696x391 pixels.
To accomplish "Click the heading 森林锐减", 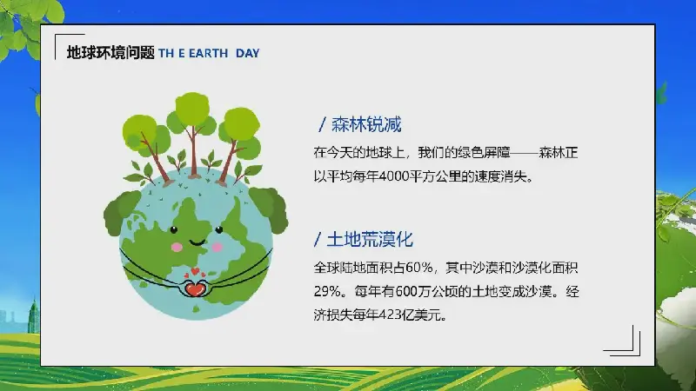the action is coord(366,124).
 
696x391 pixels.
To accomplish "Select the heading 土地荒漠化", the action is coord(370,240).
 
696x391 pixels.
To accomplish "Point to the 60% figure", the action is coord(418,268).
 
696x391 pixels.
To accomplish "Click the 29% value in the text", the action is coord(328,291).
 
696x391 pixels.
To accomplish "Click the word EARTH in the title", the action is coord(208,53).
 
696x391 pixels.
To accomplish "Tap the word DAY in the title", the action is coord(248,53).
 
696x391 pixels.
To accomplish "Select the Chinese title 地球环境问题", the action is coord(110,53).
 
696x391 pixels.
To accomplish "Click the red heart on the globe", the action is coord(195,289).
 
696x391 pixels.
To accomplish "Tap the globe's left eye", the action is coord(174,229).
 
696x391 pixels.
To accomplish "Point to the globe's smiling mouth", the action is coord(197,242).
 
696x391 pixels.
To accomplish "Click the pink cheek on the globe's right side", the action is coord(217,247).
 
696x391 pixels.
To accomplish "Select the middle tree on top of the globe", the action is coord(192,134).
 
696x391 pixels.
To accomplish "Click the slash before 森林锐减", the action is coord(322,124).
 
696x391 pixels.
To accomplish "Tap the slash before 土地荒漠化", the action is coord(318,240).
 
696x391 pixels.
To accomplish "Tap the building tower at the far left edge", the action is coord(34,315).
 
